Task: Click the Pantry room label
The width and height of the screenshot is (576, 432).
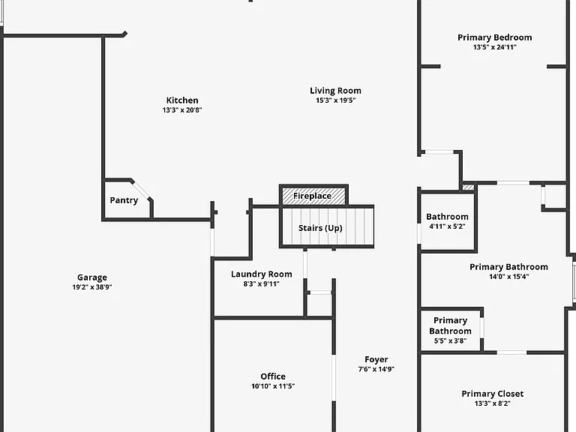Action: tap(124, 200)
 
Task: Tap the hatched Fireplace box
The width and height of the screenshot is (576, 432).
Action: tap(313, 196)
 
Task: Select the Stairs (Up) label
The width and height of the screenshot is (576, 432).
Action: tap(320, 228)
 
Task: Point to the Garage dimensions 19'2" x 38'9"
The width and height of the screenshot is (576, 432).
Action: tap(92, 287)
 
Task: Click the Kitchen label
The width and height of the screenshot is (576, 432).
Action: tap(182, 100)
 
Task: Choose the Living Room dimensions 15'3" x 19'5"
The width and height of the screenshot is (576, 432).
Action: tap(336, 100)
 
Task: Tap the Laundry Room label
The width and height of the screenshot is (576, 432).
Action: tap(262, 274)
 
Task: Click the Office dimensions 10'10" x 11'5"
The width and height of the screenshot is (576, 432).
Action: tap(273, 386)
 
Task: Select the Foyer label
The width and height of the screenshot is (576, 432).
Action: tap(376, 360)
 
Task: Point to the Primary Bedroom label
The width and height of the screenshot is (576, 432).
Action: tap(495, 37)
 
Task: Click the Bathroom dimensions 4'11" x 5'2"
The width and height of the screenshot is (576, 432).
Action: tap(448, 226)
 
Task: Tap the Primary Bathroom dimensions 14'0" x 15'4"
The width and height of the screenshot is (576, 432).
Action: tap(508, 277)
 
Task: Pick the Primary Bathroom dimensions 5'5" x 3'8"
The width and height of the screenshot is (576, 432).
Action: tap(450, 341)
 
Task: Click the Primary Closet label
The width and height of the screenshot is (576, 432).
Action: tap(493, 394)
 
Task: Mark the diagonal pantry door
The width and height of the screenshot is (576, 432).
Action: tap(141, 190)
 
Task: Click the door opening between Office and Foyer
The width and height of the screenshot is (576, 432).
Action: tap(334, 378)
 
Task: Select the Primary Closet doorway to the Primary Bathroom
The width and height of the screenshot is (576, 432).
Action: tap(511, 352)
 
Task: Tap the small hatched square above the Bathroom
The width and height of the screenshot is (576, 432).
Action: tap(468, 187)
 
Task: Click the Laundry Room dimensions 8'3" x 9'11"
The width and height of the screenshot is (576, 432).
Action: tap(262, 284)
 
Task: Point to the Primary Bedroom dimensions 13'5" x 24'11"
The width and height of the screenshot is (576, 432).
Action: tap(495, 47)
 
